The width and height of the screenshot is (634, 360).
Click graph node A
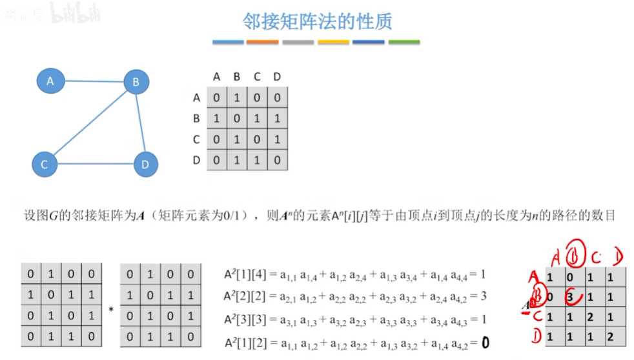point(50,81)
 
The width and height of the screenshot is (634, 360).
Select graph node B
point(136,82)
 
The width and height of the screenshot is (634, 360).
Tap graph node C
point(45,165)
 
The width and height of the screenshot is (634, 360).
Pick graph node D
point(145,165)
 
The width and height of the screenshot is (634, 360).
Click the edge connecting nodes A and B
point(93,81)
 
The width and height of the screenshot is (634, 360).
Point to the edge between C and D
point(94,163)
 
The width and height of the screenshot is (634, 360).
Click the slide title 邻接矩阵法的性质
point(317,21)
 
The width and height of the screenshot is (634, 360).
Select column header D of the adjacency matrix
point(277,77)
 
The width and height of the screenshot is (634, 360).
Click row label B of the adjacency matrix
point(196,119)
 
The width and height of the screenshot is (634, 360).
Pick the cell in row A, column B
point(237,98)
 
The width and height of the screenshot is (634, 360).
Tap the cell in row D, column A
point(217,160)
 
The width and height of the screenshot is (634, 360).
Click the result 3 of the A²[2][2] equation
point(482,296)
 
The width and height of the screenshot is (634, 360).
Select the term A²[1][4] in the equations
point(241,274)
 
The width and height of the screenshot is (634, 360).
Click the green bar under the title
point(404,43)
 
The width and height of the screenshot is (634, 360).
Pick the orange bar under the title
point(263,43)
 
